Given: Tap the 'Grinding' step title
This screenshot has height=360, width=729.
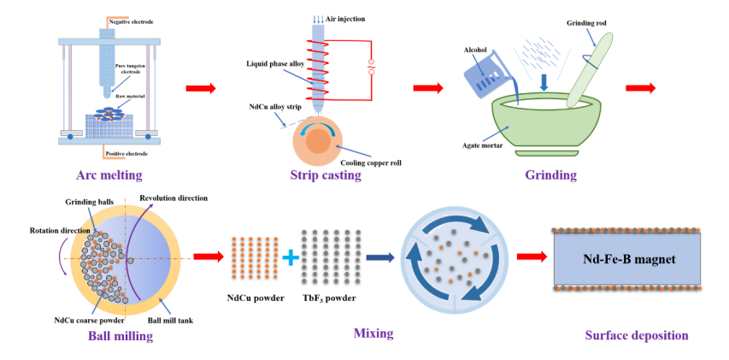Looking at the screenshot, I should pyautogui.click(x=550, y=175).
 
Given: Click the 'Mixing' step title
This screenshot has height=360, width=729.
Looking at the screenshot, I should pyautogui.click(x=373, y=332).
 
